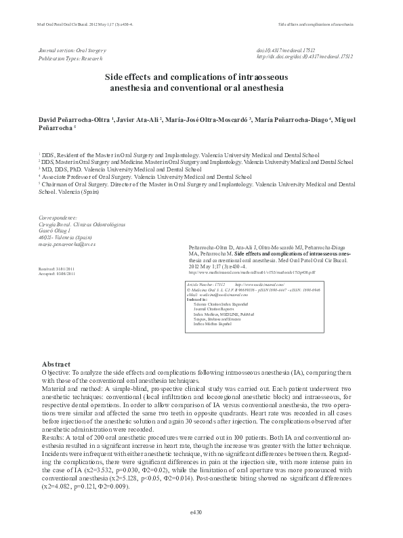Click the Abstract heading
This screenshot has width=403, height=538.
[56, 365]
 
